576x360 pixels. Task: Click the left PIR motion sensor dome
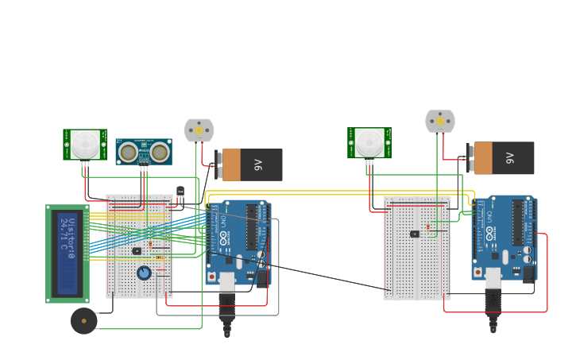[x=84, y=144]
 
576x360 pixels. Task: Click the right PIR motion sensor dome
[x=369, y=143]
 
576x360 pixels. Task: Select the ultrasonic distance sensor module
[x=144, y=151]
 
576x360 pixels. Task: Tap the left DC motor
[x=199, y=130]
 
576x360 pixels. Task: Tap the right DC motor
[x=439, y=121]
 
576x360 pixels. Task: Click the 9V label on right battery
[x=509, y=158]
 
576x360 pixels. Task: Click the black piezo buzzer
[x=83, y=321]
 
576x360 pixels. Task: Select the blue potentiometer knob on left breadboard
[x=144, y=273]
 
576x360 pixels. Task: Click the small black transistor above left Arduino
[x=180, y=192]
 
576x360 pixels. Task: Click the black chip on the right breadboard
[x=414, y=234]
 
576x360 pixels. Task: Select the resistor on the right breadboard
[x=429, y=228]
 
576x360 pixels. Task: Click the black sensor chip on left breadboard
[x=137, y=251]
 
